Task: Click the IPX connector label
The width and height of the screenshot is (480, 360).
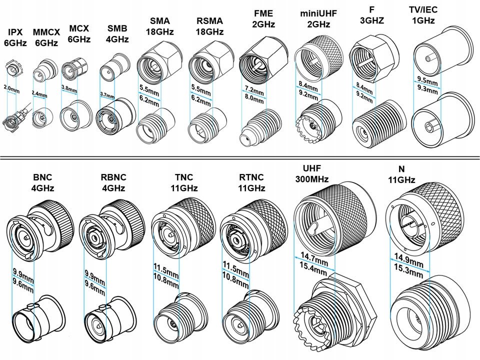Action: (x=15, y=32)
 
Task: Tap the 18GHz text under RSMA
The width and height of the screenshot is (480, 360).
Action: (x=209, y=31)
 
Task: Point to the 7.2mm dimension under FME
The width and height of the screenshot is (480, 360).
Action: (x=254, y=91)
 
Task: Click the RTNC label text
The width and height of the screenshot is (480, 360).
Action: (x=244, y=177)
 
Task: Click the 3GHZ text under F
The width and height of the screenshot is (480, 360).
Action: (x=371, y=21)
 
